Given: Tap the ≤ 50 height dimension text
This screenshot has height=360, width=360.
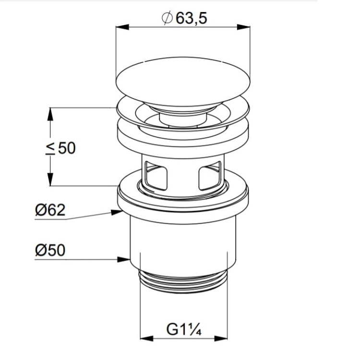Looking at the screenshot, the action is [x=60, y=148].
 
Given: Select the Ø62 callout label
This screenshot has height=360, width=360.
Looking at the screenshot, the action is [x=50, y=210].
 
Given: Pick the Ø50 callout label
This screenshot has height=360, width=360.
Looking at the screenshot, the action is [x=50, y=250].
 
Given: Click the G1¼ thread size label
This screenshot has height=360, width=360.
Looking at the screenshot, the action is [x=184, y=329].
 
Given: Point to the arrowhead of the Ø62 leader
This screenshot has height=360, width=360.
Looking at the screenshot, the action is [x=117, y=212].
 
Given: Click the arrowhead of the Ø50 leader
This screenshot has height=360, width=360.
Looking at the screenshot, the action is [x=123, y=259].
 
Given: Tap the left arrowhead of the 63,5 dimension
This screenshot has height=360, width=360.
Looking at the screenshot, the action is [x=122, y=27].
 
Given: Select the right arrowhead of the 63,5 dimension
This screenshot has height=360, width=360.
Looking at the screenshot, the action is [x=243, y=27].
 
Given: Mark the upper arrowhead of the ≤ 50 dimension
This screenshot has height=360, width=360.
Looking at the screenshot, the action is [x=50, y=114].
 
